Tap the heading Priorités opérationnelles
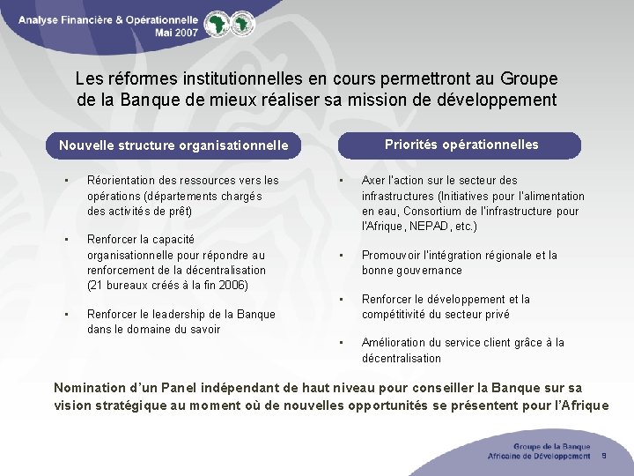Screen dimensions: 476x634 461,145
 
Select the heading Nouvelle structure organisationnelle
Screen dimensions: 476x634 173,145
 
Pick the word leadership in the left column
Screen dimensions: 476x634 175,314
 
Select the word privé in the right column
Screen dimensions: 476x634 494,314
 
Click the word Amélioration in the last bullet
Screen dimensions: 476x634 394,342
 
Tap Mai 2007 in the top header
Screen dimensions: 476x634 175,31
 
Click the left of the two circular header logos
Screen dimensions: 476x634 214,24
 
